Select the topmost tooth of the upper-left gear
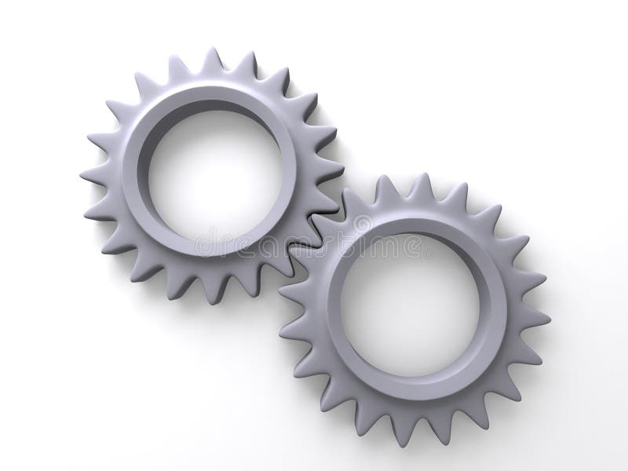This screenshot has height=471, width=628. point(212,60)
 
